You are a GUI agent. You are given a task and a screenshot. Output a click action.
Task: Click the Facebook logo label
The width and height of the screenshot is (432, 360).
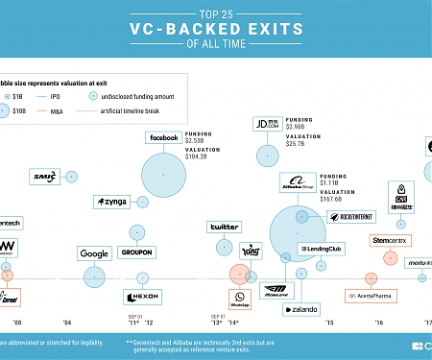coord(162,138)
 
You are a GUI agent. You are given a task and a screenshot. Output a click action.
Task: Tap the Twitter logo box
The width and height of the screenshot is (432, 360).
coord(224,227)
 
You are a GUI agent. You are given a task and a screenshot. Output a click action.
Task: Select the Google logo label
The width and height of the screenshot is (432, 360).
coord(94,253)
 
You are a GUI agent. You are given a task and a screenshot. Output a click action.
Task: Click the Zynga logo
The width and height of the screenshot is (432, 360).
coord(111,202)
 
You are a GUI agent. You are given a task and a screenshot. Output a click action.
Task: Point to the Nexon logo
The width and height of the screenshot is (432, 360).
coord(140,296)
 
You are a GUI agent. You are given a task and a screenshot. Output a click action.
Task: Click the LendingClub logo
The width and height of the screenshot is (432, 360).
coord(322,249)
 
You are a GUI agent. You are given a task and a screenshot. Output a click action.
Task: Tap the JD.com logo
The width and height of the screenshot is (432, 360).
coord(266,124)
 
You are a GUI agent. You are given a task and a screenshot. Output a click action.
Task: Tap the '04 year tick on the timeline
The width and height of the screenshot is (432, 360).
coord(67,324)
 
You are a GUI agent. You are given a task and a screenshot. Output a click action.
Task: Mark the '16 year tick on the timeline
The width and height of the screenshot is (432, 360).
coord(379,324)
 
